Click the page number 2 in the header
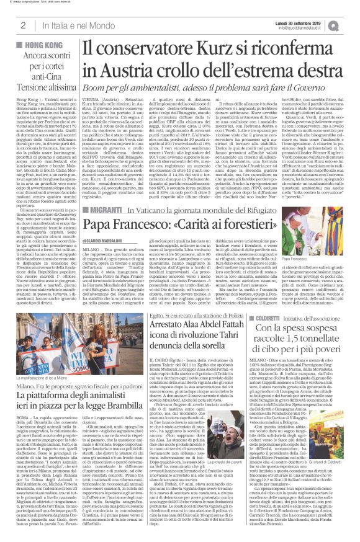[x=23, y=25]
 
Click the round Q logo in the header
[x=351, y=24]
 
